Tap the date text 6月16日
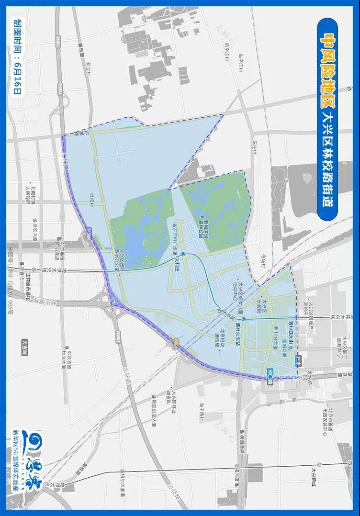(18, 77)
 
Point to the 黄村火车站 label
(238, 330)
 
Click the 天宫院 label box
(25, 346)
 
